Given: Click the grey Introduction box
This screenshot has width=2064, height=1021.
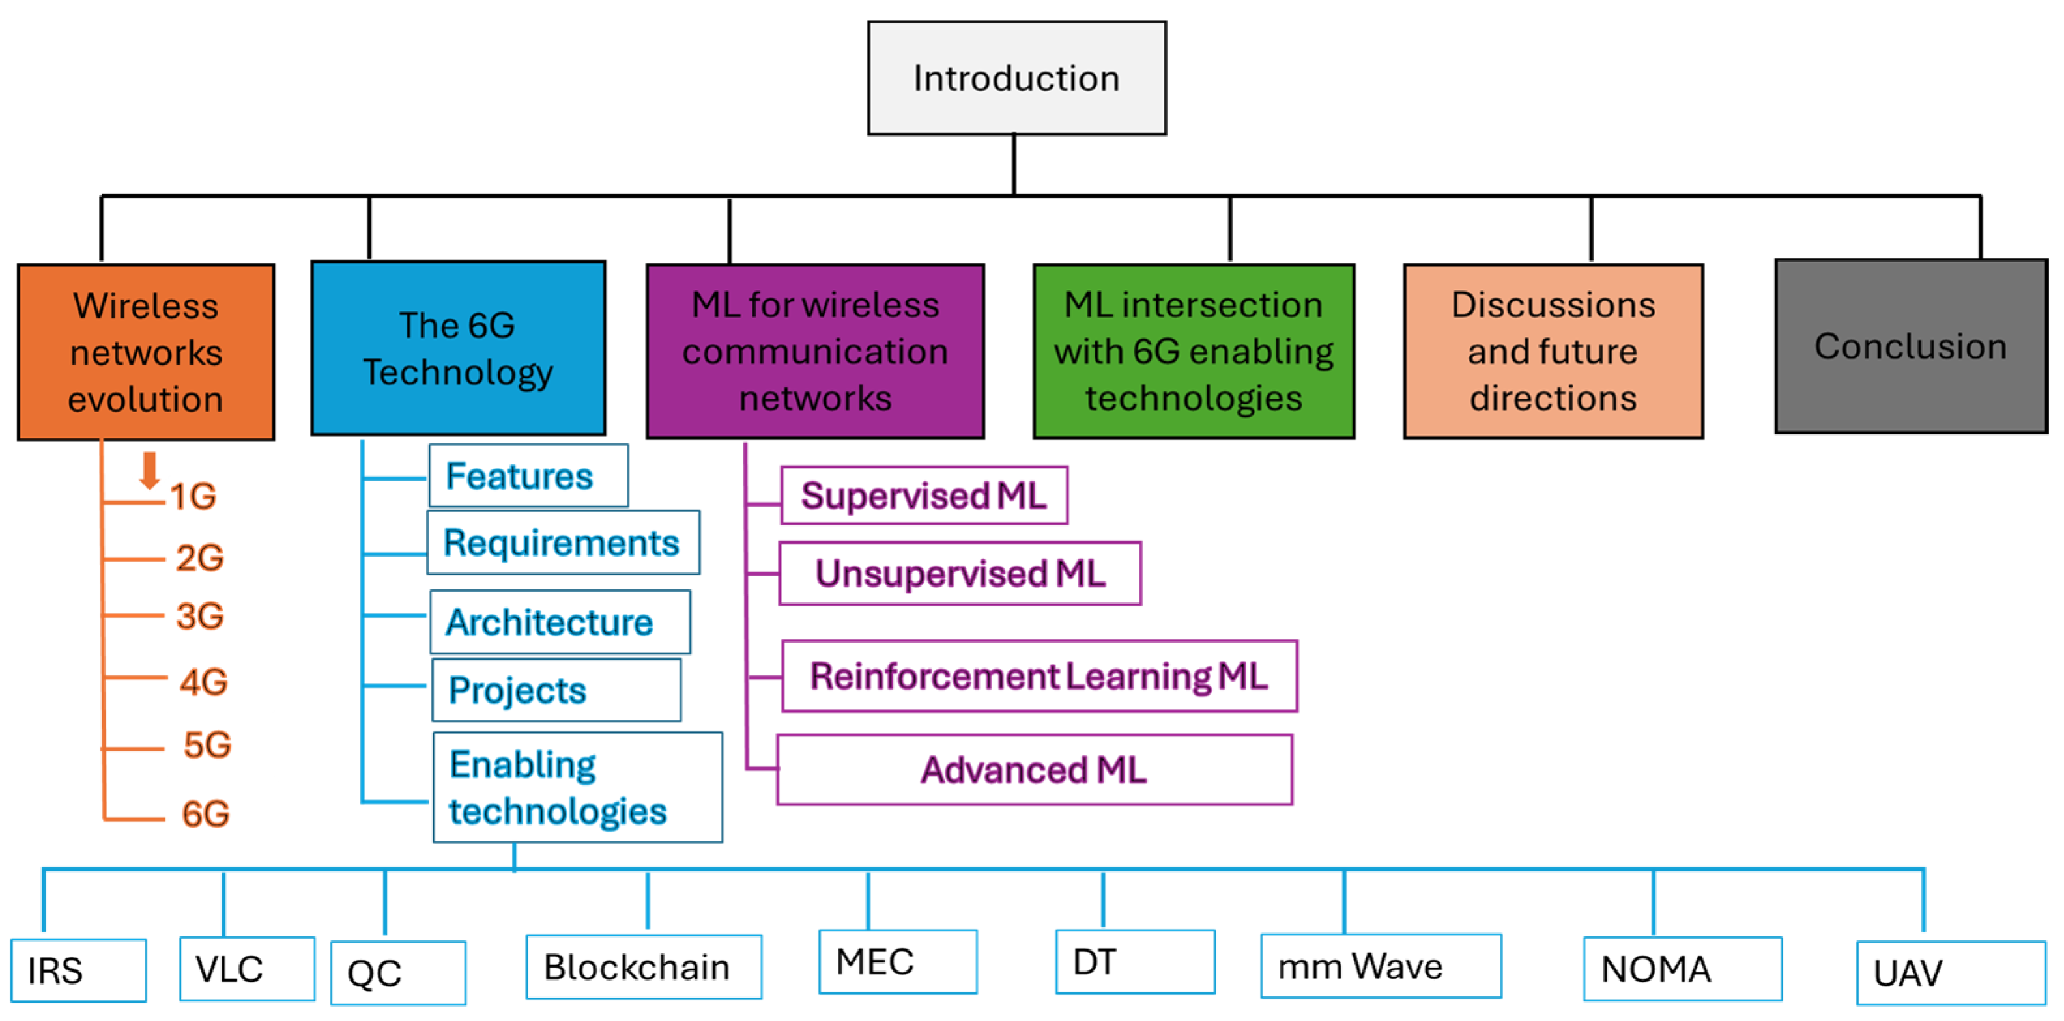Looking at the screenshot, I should (x=1016, y=77).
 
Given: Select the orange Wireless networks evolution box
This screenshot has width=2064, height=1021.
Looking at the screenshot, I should (x=146, y=352).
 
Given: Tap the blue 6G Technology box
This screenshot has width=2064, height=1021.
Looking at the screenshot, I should (x=457, y=348).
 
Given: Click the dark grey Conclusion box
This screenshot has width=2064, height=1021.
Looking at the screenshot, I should (x=1911, y=346).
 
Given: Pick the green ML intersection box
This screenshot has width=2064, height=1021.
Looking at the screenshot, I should (x=1193, y=351).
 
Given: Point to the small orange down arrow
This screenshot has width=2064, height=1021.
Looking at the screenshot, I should (x=149, y=470).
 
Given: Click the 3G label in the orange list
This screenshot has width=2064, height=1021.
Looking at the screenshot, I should (x=199, y=616).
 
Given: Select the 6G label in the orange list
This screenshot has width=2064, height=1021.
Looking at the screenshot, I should (x=206, y=813).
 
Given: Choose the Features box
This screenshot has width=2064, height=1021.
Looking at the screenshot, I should (x=527, y=477).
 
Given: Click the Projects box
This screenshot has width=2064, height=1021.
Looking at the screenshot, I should (x=555, y=690).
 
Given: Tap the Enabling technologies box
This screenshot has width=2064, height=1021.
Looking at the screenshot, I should (x=577, y=787).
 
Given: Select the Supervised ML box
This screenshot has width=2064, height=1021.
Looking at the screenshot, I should (x=924, y=496).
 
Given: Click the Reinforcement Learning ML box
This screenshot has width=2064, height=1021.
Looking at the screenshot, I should (x=1039, y=676).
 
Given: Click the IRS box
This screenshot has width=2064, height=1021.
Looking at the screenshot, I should (x=79, y=970).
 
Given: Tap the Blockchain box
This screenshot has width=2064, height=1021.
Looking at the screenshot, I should (x=644, y=966).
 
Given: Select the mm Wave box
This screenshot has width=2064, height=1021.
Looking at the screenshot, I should (x=1380, y=966).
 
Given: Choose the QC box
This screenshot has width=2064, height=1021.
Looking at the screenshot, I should (x=398, y=972).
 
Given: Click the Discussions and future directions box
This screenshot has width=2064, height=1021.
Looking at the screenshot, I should (x=1553, y=351).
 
